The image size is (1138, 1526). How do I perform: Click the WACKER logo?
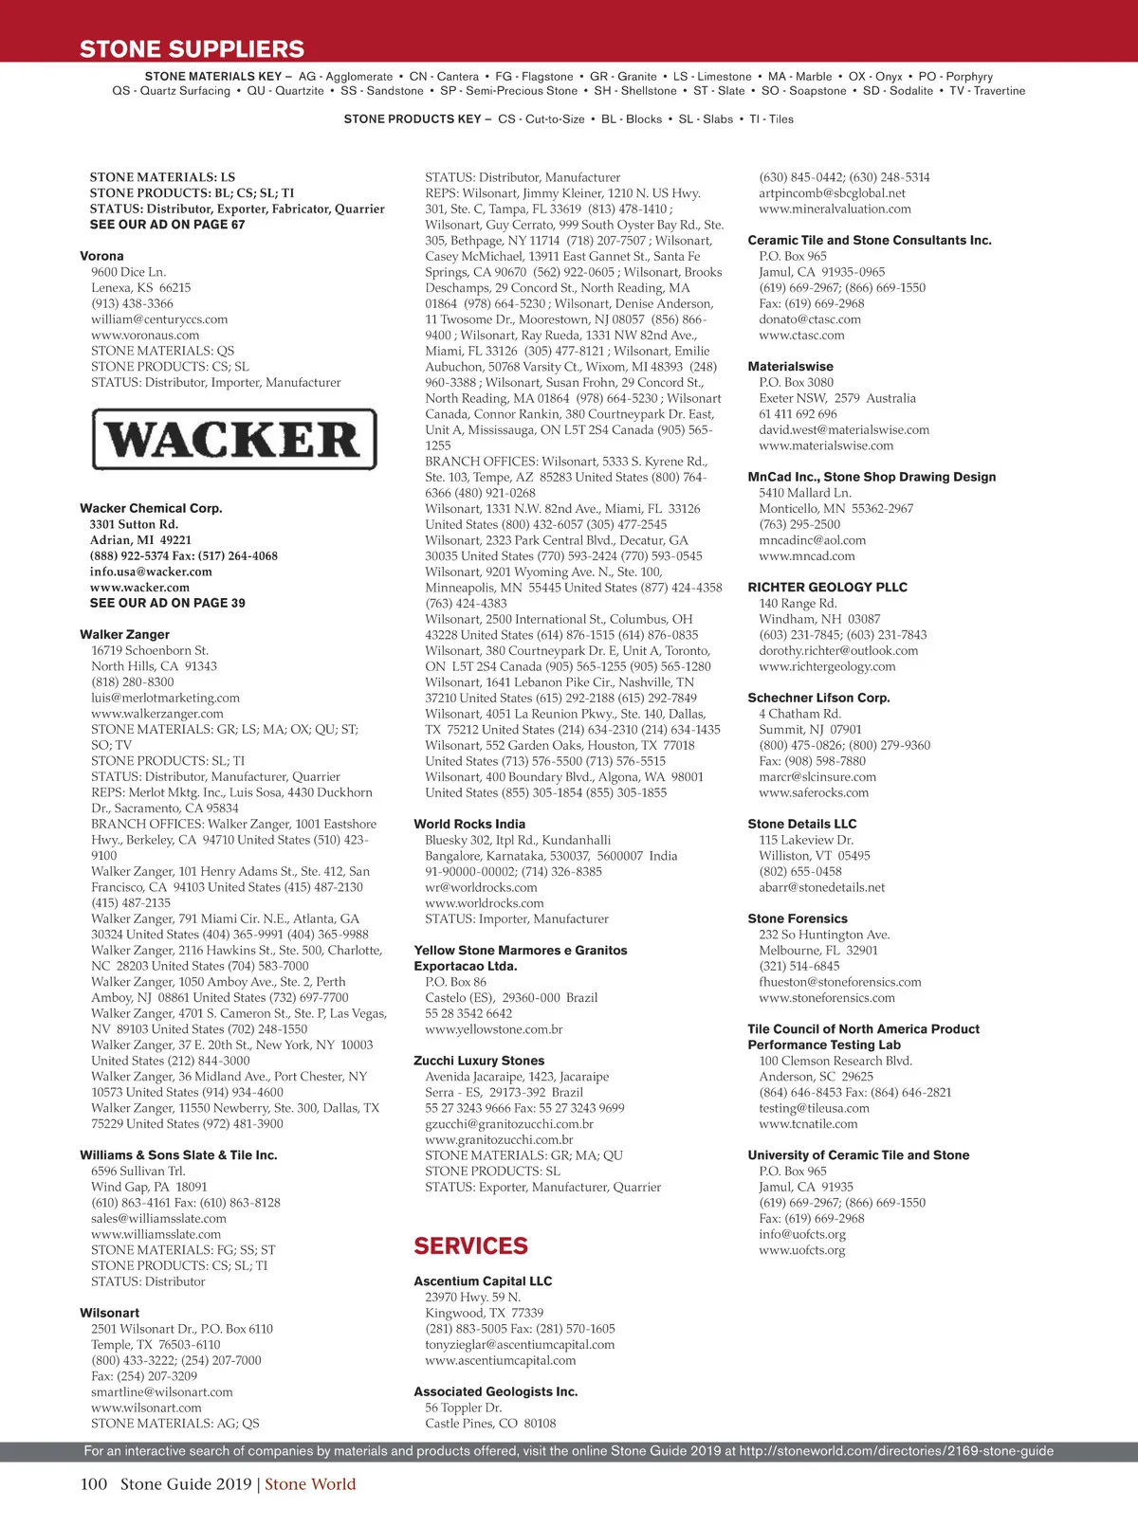234,439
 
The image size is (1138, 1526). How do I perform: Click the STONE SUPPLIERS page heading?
192,49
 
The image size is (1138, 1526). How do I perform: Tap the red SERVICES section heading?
470,1245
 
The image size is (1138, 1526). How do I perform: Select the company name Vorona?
101,256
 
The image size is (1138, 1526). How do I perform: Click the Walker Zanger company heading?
124,634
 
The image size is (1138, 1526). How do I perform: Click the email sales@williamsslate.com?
158,1219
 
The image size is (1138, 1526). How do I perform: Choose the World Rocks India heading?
468,824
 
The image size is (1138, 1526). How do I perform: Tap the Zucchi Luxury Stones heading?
479,1061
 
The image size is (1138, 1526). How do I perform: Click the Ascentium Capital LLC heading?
483,1281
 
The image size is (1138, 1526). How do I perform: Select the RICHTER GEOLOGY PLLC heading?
827,588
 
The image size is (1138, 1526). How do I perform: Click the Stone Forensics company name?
798,918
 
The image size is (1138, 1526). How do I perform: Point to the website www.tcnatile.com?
808,1124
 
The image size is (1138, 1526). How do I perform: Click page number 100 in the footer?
94,1484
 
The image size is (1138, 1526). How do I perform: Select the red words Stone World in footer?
310,1484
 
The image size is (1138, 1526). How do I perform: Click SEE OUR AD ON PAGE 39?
167,603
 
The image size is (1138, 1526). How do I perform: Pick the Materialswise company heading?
790,367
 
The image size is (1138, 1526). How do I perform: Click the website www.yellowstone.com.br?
493,1029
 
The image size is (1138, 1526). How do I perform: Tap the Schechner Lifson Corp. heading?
818,698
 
